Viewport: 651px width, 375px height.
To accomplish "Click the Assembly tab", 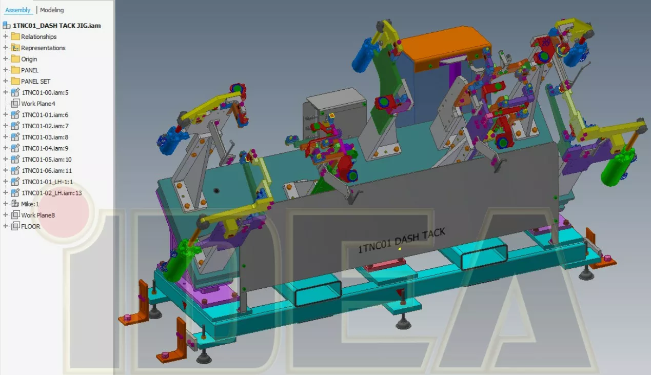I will click(x=18, y=10).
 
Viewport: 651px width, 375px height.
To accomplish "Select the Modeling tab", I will click(x=52, y=10).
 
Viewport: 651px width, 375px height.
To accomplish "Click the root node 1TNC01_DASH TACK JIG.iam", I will click(x=56, y=25).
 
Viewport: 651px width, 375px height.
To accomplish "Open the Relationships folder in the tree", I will click(x=38, y=36).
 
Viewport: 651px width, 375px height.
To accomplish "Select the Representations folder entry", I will click(x=43, y=48).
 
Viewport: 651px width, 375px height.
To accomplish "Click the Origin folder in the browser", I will click(x=30, y=59).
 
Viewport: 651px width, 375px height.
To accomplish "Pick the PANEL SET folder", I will click(x=35, y=81).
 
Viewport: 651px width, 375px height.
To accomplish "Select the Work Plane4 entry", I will click(x=38, y=104).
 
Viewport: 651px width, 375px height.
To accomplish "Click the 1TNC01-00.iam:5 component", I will click(x=45, y=92).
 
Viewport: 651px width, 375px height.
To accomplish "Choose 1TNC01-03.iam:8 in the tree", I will click(x=45, y=137).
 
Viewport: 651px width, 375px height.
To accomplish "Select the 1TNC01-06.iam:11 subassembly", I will click(x=46, y=170).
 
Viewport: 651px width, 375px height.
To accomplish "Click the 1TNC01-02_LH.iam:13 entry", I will click(x=51, y=193).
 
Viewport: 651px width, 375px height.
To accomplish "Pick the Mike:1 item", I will click(x=30, y=204).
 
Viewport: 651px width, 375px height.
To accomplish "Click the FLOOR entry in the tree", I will click(x=30, y=226).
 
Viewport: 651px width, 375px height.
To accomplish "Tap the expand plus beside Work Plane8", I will click(x=6, y=215).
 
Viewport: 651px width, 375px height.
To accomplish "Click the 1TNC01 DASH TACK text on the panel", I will click(x=401, y=240).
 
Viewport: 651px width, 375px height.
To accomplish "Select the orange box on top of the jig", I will click(x=444, y=45).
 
